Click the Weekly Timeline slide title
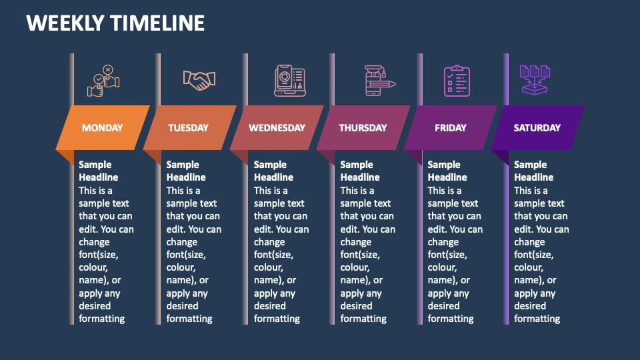pos(115,23)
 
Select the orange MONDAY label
pos(102,128)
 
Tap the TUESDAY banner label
pos(188,128)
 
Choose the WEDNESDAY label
pos(277,128)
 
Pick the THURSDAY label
pos(363,128)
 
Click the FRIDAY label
pos(451,128)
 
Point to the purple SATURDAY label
pos(537,128)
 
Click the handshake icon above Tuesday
pos(199,81)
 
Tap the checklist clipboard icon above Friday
pos(457,81)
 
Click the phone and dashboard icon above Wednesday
pos(289,81)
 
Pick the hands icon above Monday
pos(104,81)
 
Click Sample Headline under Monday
pos(98,171)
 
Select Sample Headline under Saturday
pos(533,171)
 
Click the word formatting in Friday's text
pos(451,319)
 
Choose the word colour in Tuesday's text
pos(182,267)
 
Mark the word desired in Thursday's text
pos(357,306)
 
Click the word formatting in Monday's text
pos(102,319)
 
